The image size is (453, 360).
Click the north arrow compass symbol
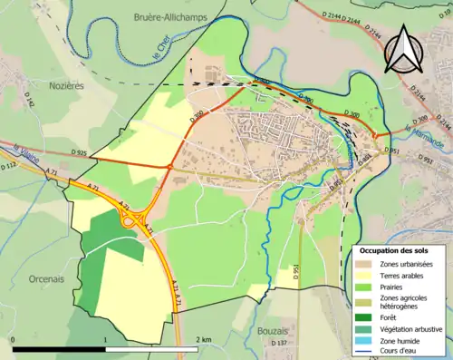click(x=404, y=48)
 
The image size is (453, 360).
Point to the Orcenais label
click(x=32, y=255)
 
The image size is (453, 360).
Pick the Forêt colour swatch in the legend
click(x=364, y=316)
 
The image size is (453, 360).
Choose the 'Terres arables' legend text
click(x=404, y=277)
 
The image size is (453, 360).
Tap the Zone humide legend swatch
click(x=364, y=343)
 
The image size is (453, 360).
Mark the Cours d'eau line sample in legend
click(x=364, y=354)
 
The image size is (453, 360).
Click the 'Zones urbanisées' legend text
click(x=409, y=264)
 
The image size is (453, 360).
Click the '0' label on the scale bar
click(x=14, y=339)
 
